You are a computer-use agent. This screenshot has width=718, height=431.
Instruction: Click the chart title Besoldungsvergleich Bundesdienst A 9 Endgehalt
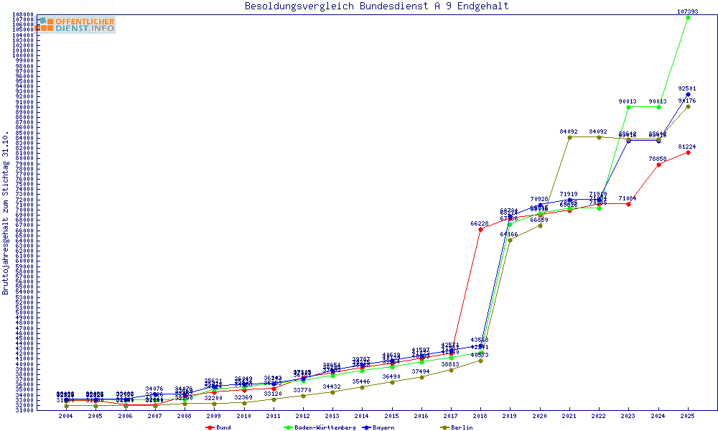click(x=376, y=6)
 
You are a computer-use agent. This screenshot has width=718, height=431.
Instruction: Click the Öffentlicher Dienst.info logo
click(x=75, y=24)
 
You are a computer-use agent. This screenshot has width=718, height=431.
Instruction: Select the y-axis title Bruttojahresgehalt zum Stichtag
click(x=6, y=213)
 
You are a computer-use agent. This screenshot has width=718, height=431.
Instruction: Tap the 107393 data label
click(x=688, y=11)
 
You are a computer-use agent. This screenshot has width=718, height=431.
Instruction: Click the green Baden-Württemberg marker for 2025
click(x=688, y=17)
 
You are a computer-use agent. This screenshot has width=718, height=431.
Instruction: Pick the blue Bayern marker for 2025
click(x=688, y=94)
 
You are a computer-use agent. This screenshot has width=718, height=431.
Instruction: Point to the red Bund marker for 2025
click(x=688, y=152)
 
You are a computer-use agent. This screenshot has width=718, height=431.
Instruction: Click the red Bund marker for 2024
click(x=658, y=164)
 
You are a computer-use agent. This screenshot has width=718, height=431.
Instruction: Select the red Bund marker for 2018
click(x=480, y=229)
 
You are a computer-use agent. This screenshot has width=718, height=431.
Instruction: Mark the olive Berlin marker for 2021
click(x=569, y=137)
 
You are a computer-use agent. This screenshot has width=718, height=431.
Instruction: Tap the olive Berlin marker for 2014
click(x=362, y=387)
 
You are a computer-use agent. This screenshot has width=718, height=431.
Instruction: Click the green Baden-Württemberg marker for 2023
click(x=628, y=107)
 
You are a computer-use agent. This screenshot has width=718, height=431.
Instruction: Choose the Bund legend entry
click(x=220, y=427)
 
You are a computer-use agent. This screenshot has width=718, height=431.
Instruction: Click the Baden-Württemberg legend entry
click(x=320, y=427)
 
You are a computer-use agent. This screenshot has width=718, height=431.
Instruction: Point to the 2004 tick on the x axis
click(x=66, y=416)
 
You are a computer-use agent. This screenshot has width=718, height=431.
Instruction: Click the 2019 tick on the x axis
click(x=510, y=416)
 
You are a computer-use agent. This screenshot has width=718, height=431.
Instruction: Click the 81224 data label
click(x=688, y=147)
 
